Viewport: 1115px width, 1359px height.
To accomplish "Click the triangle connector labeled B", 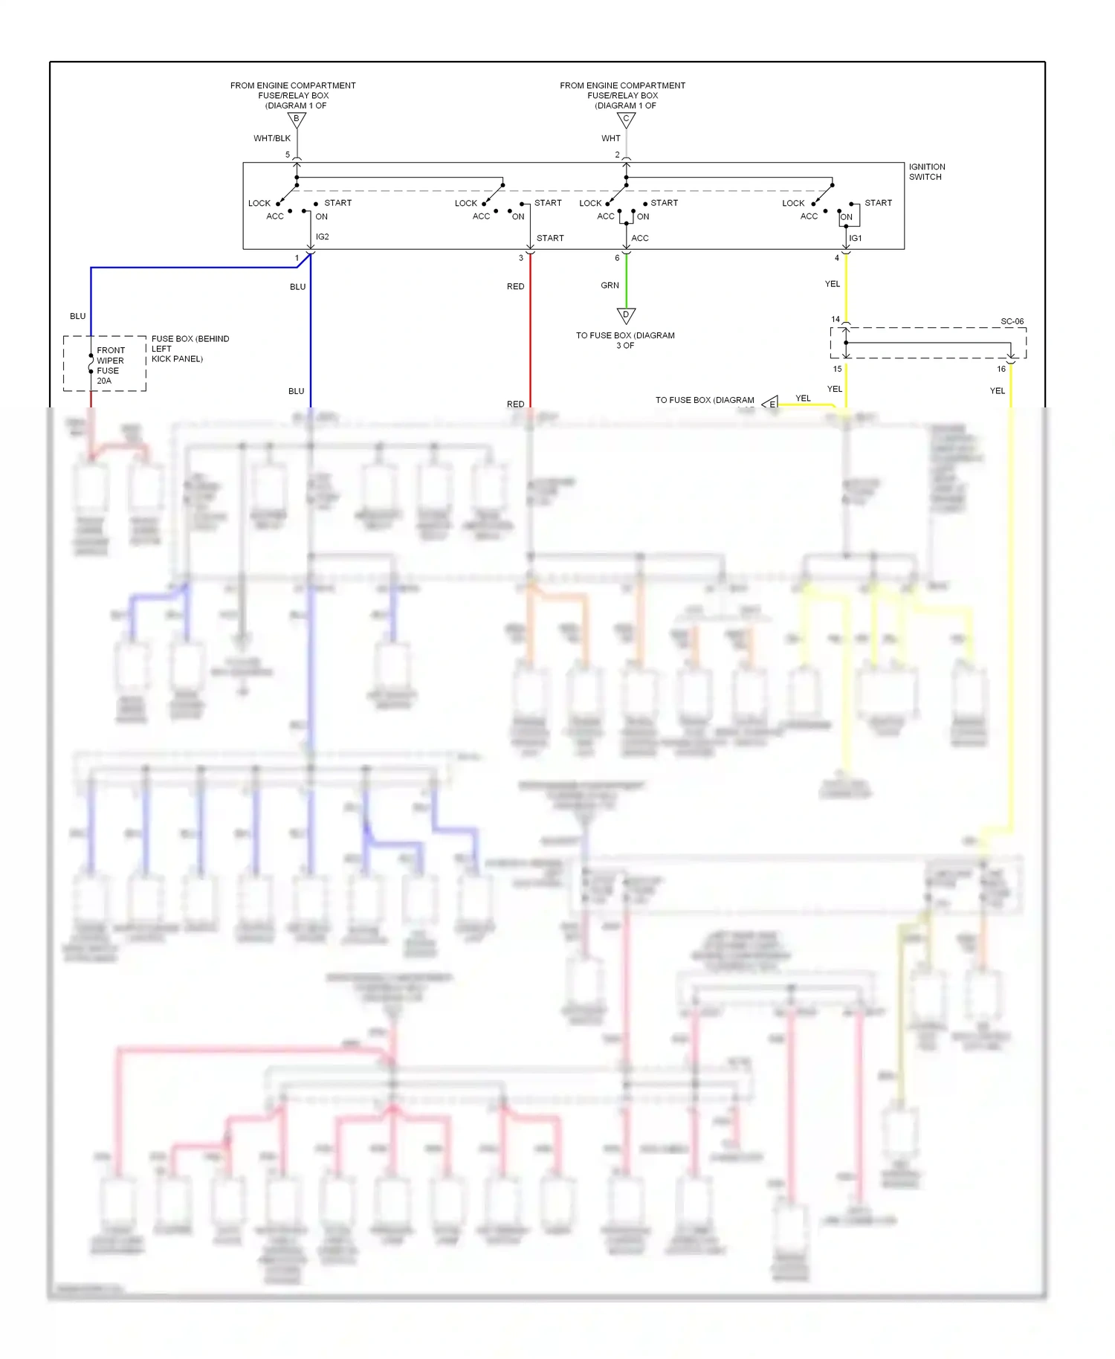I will (297, 119).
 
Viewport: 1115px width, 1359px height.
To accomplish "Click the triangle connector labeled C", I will (626, 119).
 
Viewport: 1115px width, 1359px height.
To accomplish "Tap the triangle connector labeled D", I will (626, 315).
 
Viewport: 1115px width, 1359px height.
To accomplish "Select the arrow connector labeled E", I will (771, 404).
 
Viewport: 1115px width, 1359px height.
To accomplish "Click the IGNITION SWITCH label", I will (926, 172).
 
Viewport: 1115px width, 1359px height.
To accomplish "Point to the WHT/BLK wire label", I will (272, 138).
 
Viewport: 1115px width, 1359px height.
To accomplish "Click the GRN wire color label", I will (610, 285).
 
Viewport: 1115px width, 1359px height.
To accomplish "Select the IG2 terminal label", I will (322, 237).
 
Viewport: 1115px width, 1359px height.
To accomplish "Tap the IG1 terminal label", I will (856, 239).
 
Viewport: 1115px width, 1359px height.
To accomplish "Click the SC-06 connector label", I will (1012, 322).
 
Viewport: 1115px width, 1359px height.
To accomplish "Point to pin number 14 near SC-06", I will (836, 320).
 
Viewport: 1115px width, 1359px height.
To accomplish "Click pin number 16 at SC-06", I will (1001, 369).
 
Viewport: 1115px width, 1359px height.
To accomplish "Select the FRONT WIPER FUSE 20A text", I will (110, 365).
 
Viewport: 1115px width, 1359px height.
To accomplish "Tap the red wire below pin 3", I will (530, 335).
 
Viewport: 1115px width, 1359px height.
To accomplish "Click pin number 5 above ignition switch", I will (288, 155).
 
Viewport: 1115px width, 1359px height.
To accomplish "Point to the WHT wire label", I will (610, 138).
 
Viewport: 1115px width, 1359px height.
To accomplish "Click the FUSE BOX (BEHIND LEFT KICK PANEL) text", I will (190, 349).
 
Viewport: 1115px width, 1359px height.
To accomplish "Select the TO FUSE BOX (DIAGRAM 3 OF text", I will (625, 340).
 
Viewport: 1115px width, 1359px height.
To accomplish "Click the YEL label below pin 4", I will (833, 284).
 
